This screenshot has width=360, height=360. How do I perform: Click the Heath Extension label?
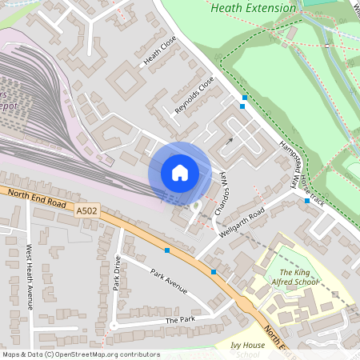(x=253, y=7)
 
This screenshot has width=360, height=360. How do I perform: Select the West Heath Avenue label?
(x=30, y=277)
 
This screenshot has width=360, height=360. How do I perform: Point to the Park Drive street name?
(x=117, y=273)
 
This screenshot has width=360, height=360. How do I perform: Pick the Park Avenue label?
(x=170, y=281)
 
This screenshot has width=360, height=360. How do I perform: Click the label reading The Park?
(x=180, y=320)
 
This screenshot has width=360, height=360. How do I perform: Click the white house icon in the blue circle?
(x=179, y=173)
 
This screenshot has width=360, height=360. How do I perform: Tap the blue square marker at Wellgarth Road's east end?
(x=307, y=202)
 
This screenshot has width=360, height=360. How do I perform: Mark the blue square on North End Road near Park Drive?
(x=166, y=250)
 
